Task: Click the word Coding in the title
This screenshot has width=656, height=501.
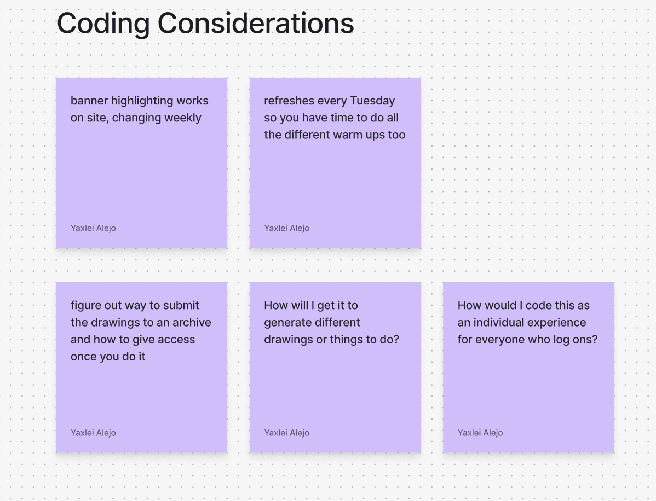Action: (103, 24)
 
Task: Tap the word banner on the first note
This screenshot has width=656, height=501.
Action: (89, 101)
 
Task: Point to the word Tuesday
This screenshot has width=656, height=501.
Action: (372, 101)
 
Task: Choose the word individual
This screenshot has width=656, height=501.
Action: (498, 322)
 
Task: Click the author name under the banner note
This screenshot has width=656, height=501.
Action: (93, 228)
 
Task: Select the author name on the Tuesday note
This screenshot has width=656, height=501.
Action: (286, 228)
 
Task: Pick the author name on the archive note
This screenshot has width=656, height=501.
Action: (93, 433)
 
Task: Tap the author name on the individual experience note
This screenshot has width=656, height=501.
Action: (480, 433)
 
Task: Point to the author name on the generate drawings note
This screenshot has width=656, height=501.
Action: (286, 433)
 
